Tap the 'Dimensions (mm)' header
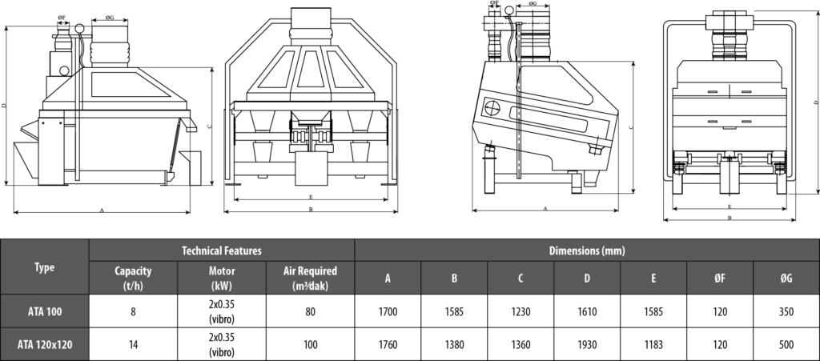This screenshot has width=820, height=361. (x=586, y=251)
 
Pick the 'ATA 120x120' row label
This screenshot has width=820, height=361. (x=45, y=345)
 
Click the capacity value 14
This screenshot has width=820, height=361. (x=133, y=345)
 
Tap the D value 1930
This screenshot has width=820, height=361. (x=587, y=345)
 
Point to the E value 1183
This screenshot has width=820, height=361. (x=653, y=345)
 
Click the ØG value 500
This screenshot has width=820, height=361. (x=786, y=345)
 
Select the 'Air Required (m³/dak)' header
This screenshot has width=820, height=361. (x=310, y=278)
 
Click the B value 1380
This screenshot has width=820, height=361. (x=454, y=345)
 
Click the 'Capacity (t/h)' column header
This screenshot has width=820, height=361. (x=133, y=278)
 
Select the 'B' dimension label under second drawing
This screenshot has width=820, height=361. (x=310, y=210)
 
